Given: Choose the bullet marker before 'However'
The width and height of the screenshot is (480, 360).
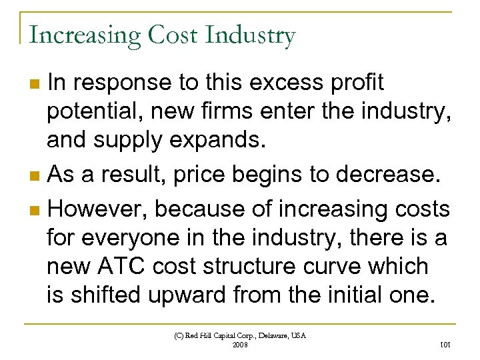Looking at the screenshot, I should point(35,211).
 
